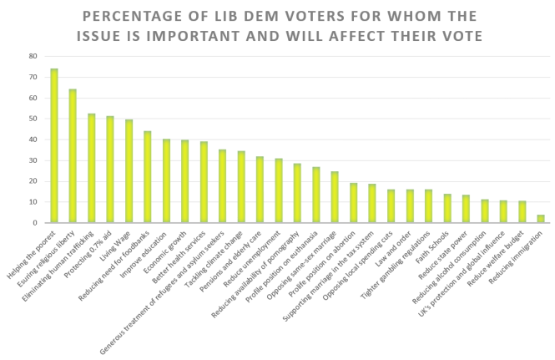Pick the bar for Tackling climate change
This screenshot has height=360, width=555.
241,187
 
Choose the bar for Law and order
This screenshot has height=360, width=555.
410,206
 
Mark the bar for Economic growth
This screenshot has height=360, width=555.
185,181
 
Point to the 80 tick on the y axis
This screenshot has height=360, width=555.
33,56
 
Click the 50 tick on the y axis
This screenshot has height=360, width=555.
33,119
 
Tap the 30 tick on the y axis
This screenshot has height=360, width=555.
33,160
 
